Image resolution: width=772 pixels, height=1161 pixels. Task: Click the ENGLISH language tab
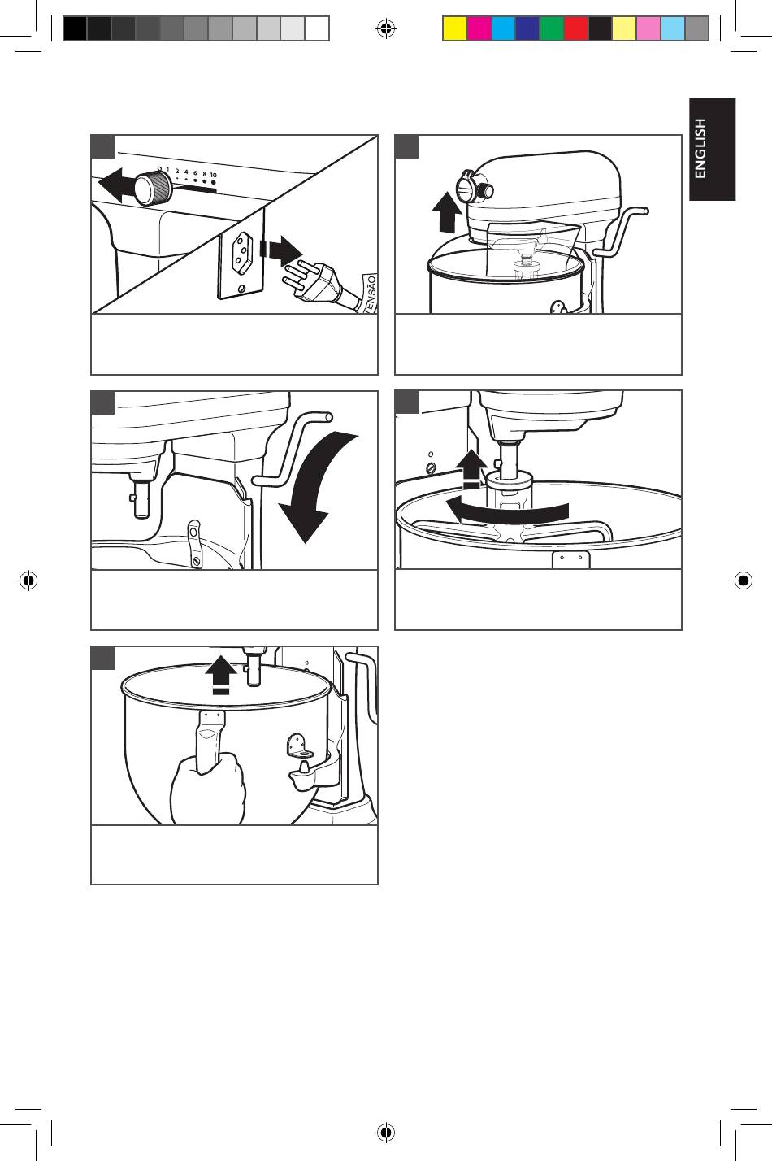(x=712, y=150)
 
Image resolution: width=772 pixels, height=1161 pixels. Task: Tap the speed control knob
(x=153, y=187)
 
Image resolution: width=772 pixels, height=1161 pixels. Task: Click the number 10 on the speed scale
(x=214, y=175)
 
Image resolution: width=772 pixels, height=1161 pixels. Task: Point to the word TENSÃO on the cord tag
(x=371, y=294)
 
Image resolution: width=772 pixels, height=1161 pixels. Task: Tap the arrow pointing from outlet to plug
(x=280, y=250)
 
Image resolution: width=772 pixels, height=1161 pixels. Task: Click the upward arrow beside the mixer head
(x=447, y=211)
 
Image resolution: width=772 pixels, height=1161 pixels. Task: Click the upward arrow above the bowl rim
(x=221, y=674)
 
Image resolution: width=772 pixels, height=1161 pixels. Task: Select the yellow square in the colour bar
(x=455, y=28)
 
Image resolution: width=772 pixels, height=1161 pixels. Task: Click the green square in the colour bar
(x=552, y=28)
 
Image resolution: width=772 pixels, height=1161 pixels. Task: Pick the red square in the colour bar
(x=576, y=28)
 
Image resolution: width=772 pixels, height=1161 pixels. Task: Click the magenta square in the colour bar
(x=479, y=28)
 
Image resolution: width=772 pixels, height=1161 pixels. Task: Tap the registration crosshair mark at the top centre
(x=385, y=28)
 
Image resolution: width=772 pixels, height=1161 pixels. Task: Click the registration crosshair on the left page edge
(x=28, y=580)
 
